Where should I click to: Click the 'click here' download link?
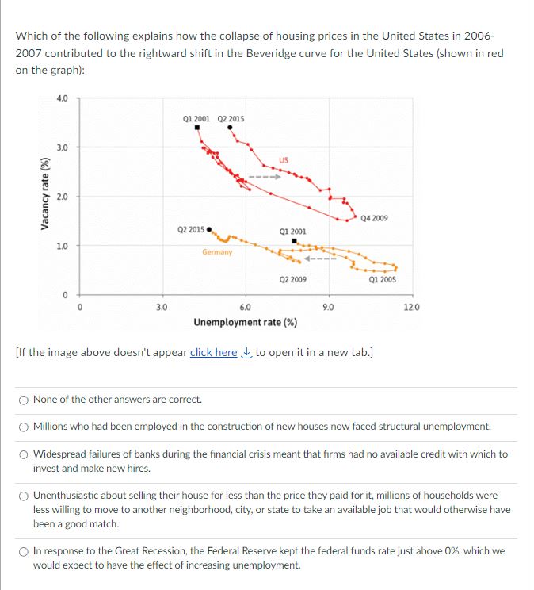tap(213, 352)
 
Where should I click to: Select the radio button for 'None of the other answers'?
tap(24, 400)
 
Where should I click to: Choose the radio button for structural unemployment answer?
tap(24, 427)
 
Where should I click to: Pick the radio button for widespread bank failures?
tap(24, 454)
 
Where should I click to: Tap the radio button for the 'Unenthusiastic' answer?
tap(24, 496)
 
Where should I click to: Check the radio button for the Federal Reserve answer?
tap(24, 551)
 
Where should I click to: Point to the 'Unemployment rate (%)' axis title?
tap(246, 322)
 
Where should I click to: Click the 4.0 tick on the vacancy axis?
tap(62, 98)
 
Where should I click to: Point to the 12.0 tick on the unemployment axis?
tap(411, 307)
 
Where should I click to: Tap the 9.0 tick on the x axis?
tap(328, 307)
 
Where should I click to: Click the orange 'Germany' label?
tap(216, 252)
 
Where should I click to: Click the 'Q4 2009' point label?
tap(373, 217)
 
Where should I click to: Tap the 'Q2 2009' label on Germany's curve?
tap(293, 279)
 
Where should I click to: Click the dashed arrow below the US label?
tap(262, 177)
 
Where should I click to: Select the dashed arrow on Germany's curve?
tap(322, 258)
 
